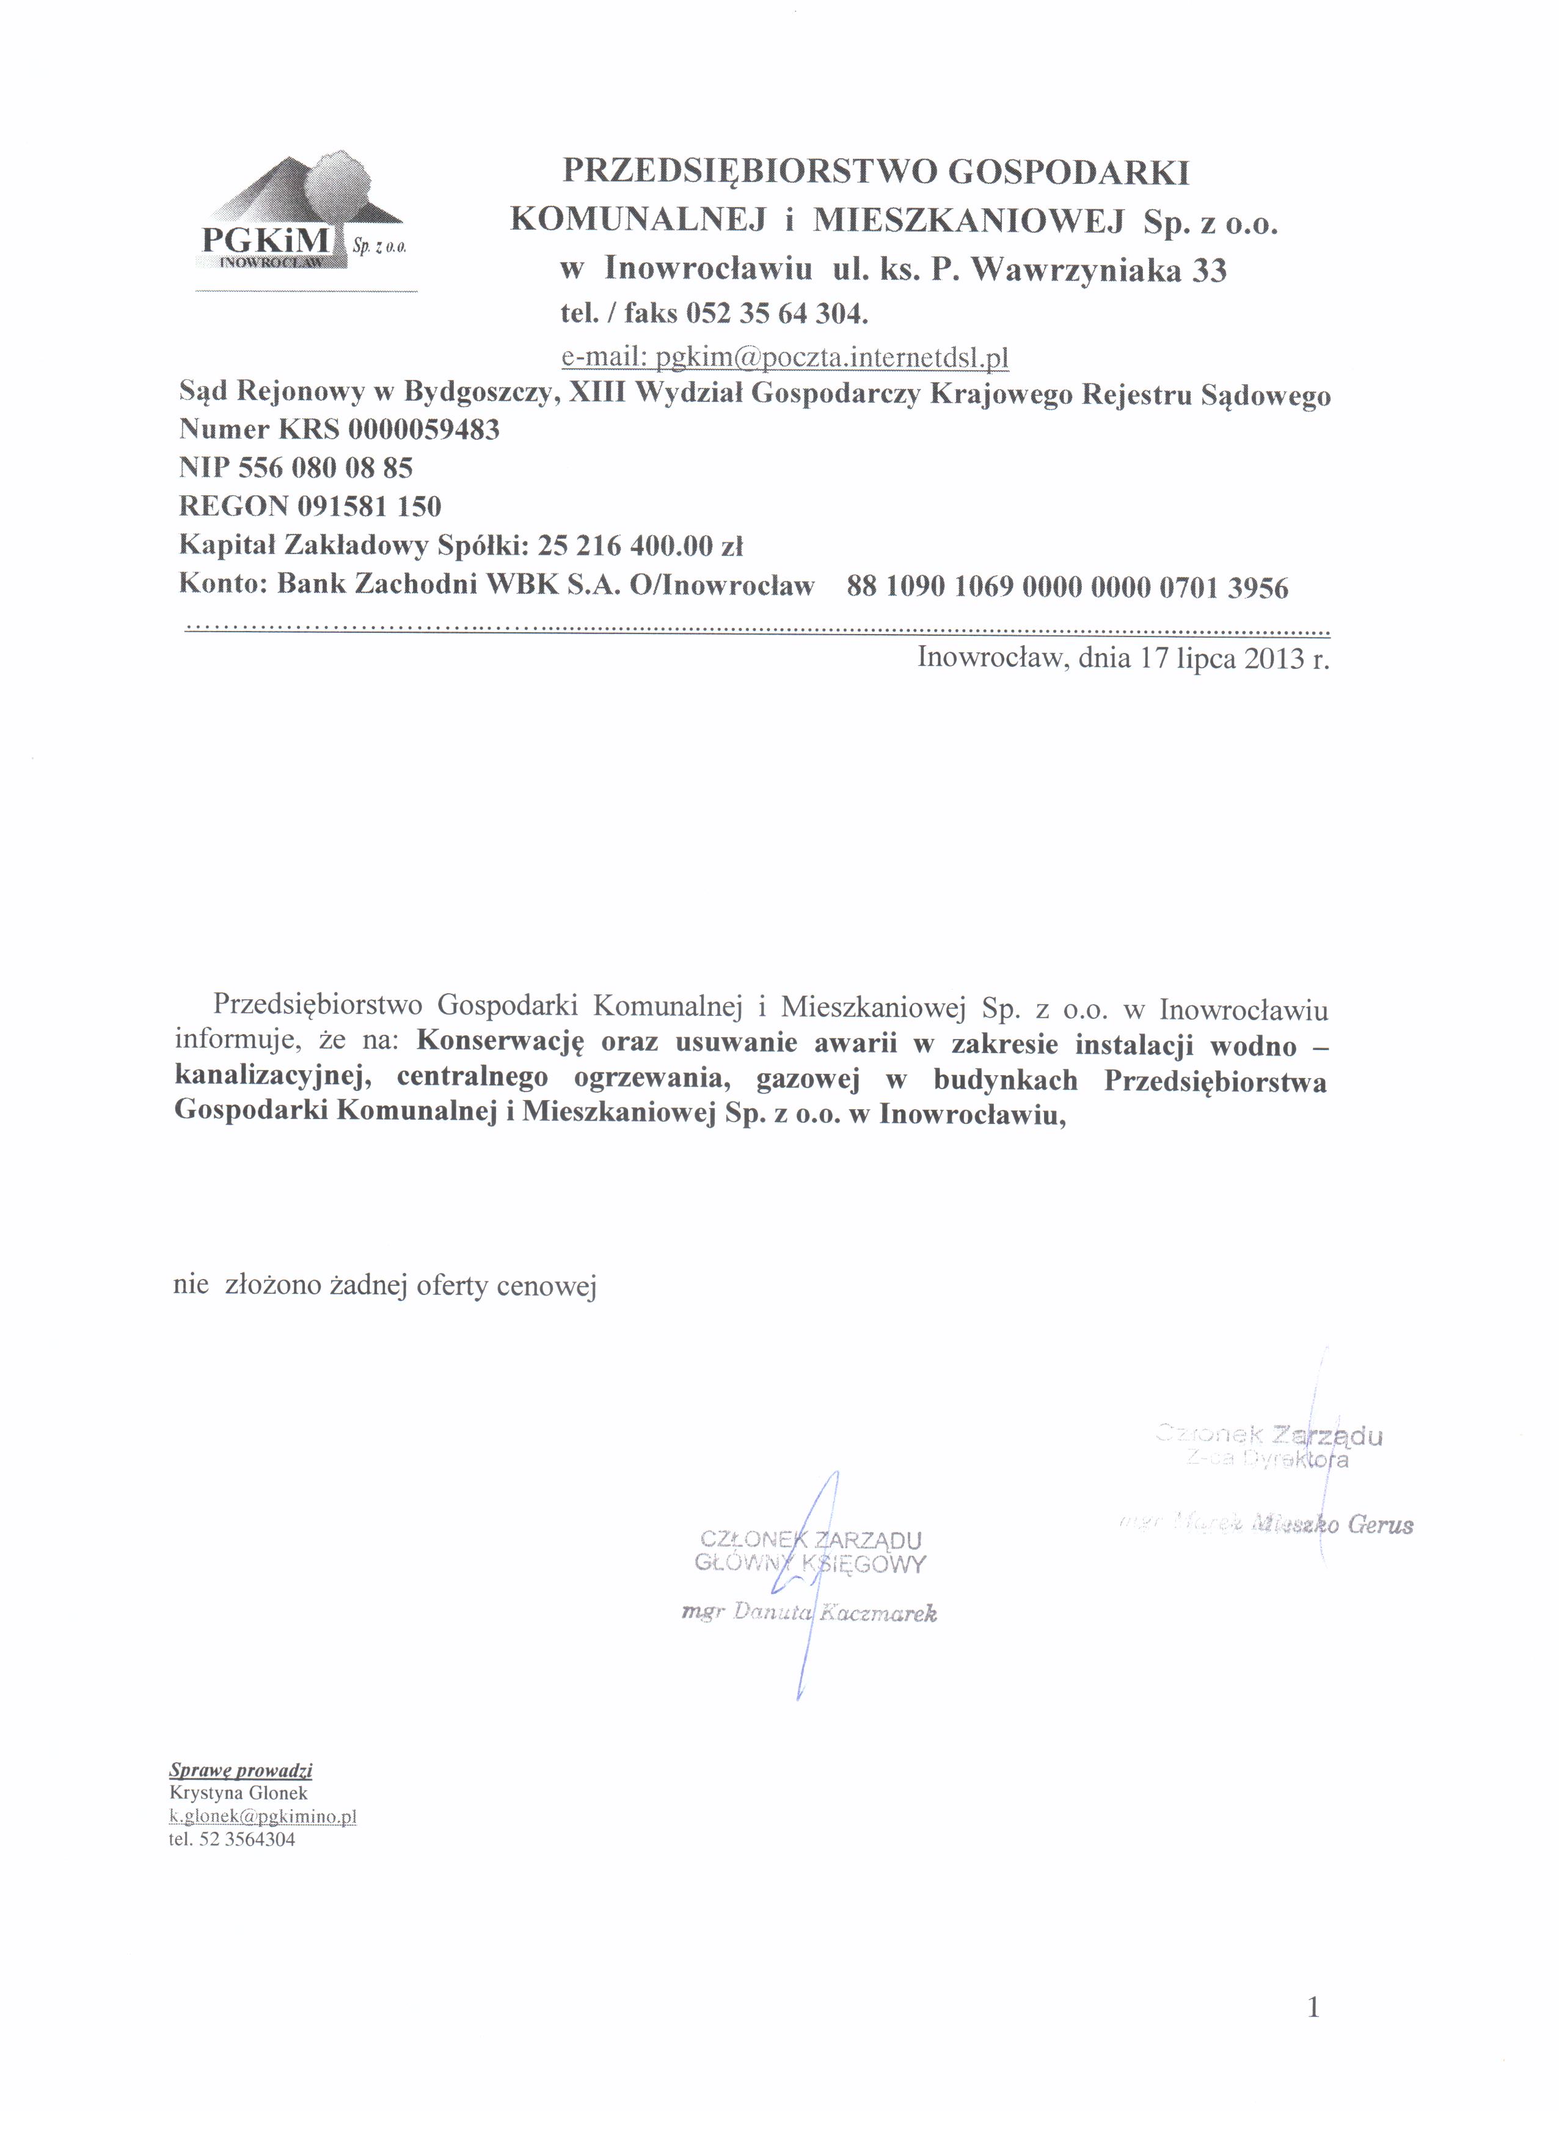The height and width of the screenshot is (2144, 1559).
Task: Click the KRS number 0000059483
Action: pos(423,430)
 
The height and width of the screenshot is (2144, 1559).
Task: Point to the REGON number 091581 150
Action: pos(369,507)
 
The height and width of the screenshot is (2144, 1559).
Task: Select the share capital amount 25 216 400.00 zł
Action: pos(640,547)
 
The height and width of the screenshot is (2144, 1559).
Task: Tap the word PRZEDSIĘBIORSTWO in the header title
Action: pos(747,172)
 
